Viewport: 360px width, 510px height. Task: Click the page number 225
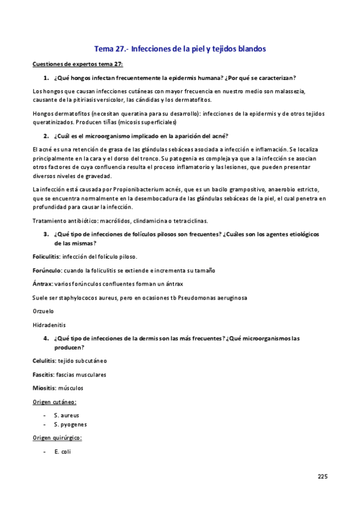click(x=323, y=477)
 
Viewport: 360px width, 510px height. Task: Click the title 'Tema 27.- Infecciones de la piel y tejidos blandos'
click(x=180, y=48)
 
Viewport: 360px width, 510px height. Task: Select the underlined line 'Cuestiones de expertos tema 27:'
click(x=78, y=64)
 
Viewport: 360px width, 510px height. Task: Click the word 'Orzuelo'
click(x=43, y=311)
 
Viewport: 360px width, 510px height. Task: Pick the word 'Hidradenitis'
click(x=49, y=325)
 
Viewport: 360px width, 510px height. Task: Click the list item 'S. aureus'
click(x=66, y=415)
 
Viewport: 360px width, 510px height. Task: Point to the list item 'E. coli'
click(x=63, y=451)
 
